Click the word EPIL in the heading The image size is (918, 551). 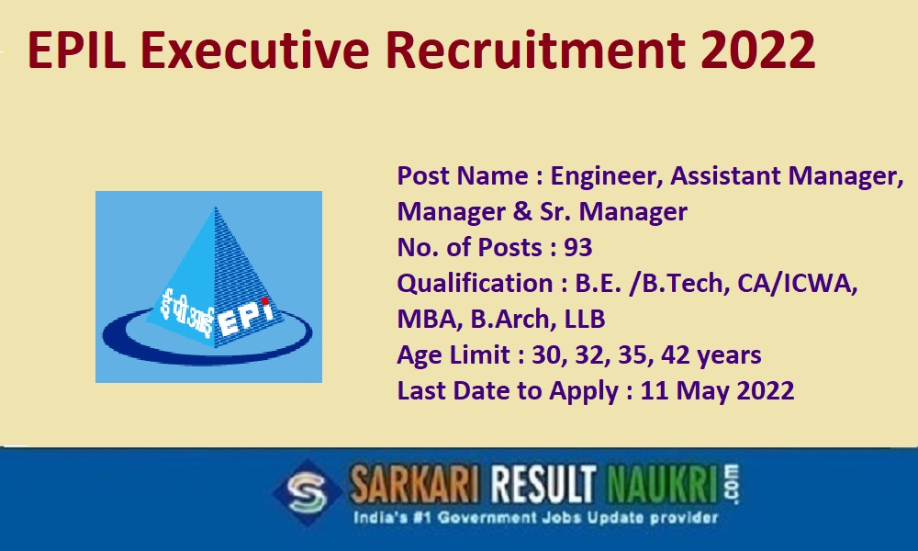pos(77,51)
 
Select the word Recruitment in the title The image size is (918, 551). pos(536,51)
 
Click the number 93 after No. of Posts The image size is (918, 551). pos(577,247)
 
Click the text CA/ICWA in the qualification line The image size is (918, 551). pos(798,284)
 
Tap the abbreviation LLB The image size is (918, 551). pos(584,320)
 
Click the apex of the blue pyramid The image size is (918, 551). pos(216,208)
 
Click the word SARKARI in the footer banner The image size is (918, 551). pos(414,485)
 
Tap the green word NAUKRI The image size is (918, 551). pos(662,485)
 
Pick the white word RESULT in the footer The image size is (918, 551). pos(543,485)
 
